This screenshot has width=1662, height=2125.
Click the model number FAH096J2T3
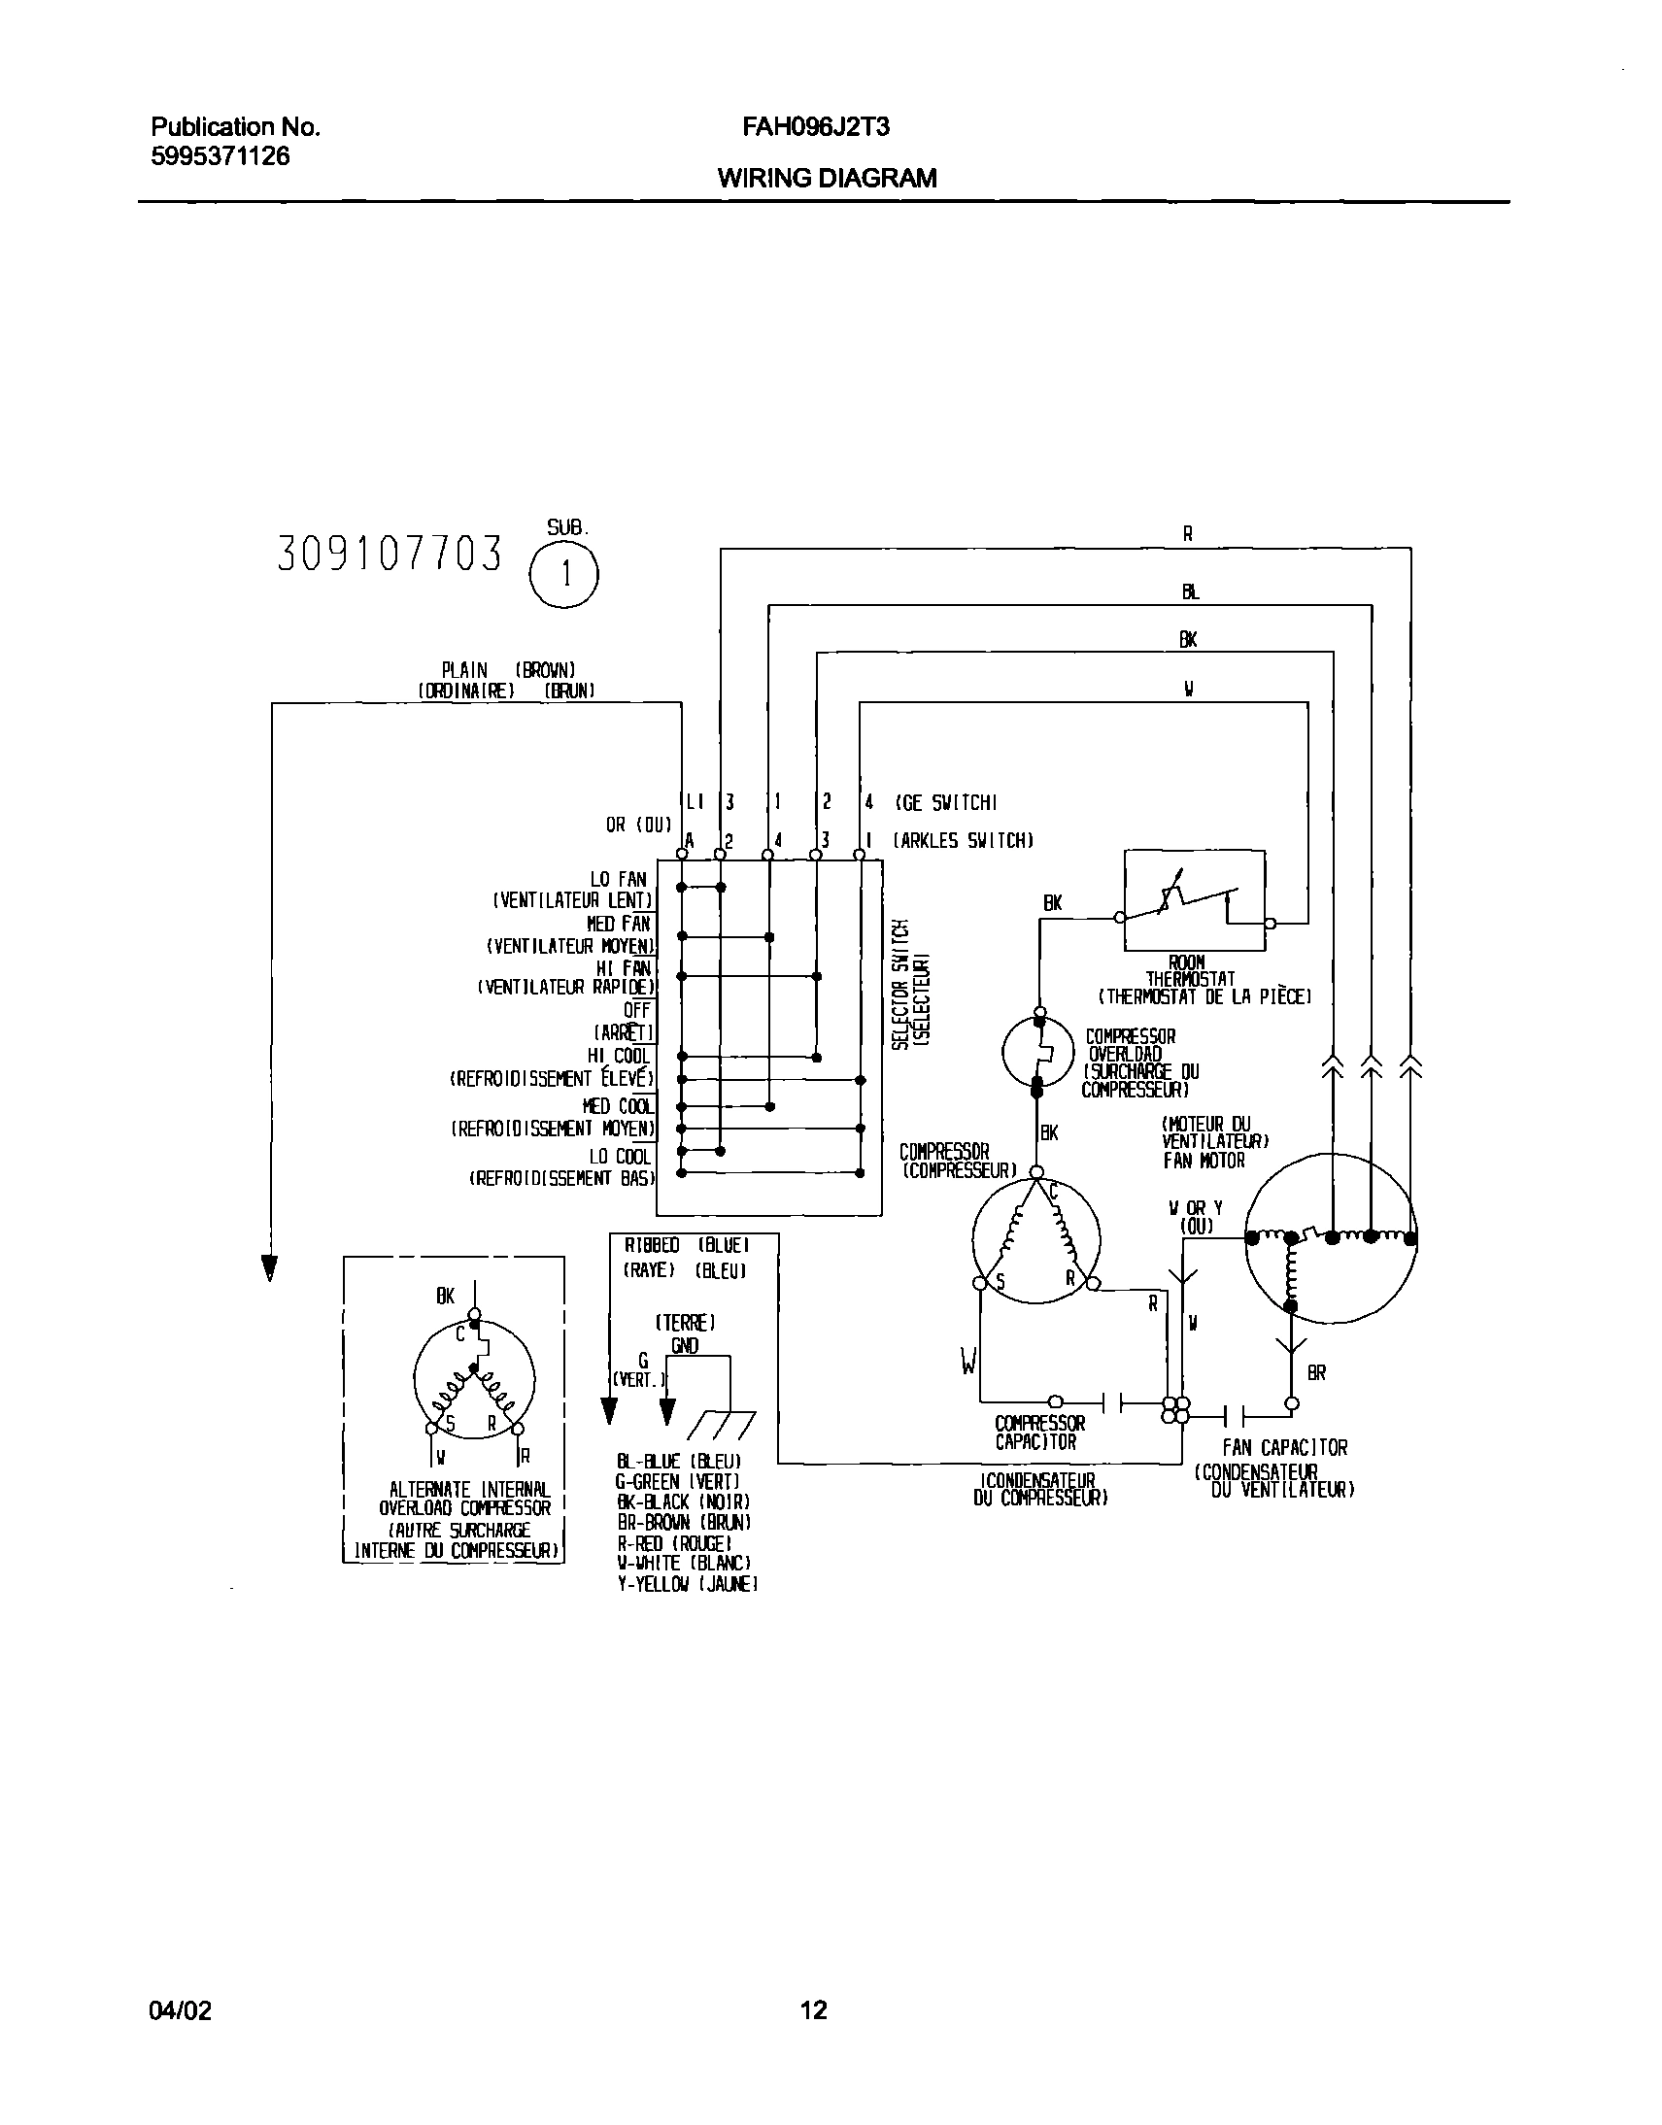coord(815,126)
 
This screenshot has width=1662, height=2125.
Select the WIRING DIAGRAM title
coord(826,178)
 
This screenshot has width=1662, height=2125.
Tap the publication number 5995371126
coord(220,156)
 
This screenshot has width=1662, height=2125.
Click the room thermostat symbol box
coord(1194,900)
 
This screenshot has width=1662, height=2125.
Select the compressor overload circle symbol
coord(1038,1052)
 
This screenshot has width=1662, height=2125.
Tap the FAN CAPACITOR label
coord(1284,1448)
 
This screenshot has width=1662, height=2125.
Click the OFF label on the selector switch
coord(636,1011)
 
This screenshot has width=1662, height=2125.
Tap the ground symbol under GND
coord(720,1426)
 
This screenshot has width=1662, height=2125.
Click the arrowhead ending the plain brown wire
coord(269,1267)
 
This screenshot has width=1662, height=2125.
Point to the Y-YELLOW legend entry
coord(687,1585)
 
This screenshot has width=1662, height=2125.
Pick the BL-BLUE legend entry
coord(679,1462)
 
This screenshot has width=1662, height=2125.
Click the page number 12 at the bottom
coord(813,2010)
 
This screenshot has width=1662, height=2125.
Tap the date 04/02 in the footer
coord(180,2010)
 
